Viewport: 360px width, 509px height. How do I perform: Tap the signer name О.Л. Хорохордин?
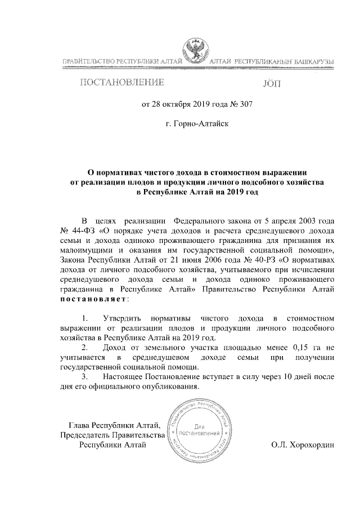pyautogui.click(x=303, y=445)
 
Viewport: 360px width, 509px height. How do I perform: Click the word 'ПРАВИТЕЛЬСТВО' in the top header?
pyautogui.click(x=89, y=60)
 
